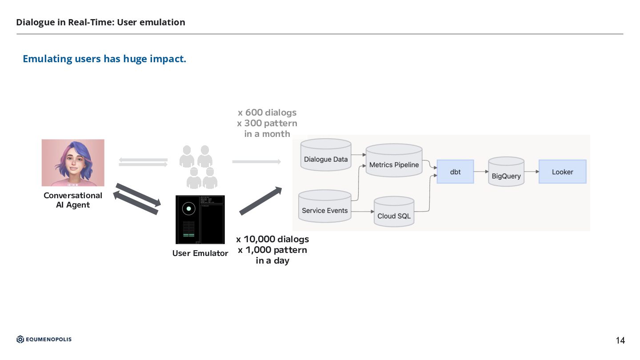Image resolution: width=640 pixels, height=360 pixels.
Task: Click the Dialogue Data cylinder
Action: click(326, 156)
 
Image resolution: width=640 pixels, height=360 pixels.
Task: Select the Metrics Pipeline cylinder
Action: click(394, 162)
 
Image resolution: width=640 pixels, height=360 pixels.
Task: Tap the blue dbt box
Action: click(455, 172)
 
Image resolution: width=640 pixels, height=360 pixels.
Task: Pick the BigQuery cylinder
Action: click(506, 173)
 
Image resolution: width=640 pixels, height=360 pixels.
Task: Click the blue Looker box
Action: click(562, 172)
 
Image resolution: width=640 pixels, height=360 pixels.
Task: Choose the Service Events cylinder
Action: click(324, 207)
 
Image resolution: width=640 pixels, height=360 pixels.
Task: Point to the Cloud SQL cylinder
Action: click(394, 213)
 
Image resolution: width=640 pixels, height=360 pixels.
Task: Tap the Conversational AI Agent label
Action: click(73, 200)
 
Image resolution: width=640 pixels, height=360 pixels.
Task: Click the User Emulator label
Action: click(200, 253)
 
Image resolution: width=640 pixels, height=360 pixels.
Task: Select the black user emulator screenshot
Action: click(200, 220)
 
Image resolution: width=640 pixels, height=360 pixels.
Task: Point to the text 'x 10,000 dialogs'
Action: click(272, 240)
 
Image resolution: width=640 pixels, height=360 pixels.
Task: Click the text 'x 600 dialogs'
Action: click(267, 113)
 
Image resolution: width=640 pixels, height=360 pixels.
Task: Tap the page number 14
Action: click(620, 341)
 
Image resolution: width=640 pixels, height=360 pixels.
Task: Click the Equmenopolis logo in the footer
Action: click(44, 340)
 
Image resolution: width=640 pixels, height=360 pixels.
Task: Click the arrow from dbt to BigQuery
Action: click(481, 172)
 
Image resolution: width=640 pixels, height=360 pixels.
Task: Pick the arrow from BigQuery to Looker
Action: click(532, 172)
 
